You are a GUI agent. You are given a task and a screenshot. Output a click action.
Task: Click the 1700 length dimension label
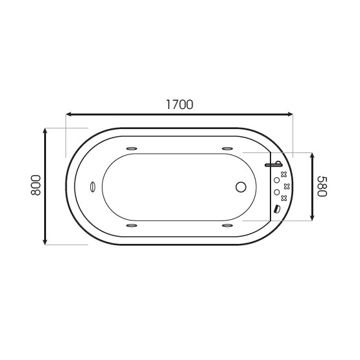180,104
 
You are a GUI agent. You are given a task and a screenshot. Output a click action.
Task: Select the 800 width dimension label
36,185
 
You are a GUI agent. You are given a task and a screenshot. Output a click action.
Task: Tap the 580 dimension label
322,186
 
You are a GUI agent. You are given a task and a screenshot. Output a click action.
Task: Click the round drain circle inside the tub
241,187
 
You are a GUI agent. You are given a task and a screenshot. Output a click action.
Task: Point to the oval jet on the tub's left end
92,187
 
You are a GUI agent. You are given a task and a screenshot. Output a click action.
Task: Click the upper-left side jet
132,149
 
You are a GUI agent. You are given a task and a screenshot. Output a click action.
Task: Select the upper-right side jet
228,149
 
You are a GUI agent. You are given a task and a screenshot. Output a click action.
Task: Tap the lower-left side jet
132,226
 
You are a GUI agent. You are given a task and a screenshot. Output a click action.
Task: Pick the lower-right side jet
228,226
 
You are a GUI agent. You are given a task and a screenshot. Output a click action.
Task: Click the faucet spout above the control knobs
274,165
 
